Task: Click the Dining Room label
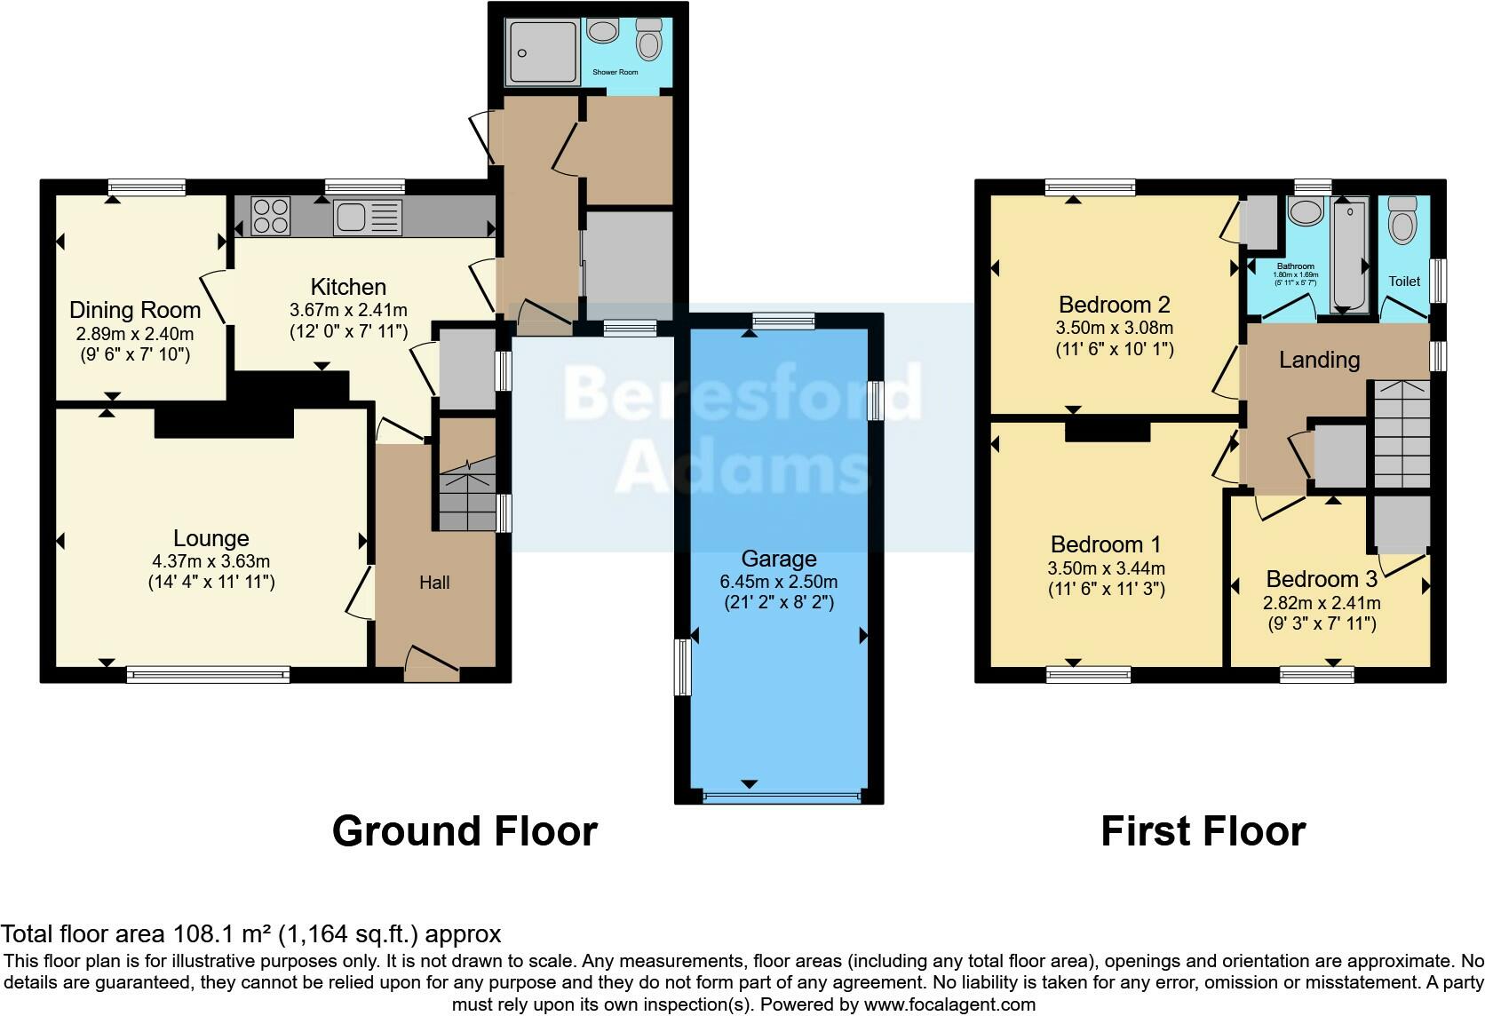[x=135, y=310]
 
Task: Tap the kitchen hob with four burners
[x=271, y=216]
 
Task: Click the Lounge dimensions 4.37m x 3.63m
[x=210, y=561]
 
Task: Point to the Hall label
[x=434, y=583]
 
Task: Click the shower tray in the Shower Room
[x=541, y=53]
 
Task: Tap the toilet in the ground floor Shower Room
[x=650, y=41]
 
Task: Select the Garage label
[x=779, y=559]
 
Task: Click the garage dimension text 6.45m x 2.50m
[x=779, y=582]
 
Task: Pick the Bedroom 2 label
[x=1115, y=305]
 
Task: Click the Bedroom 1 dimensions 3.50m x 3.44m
[x=1106, y=568]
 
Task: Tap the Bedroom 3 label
[x=1322, y=579]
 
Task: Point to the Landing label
[x=1319, y=360]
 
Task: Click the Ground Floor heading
[x=465, y=831]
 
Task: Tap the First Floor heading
[x=1203, y=831]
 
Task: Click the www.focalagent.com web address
[x=949, y=1004]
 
